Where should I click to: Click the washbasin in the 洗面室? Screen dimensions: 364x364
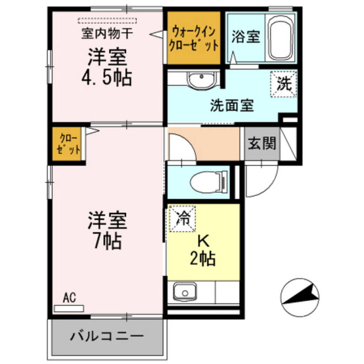[202, 80]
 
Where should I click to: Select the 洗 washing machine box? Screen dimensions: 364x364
[284, 84]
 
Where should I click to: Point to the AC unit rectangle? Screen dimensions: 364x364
[68, 309]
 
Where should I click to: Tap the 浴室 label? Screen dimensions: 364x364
[246, 37]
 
